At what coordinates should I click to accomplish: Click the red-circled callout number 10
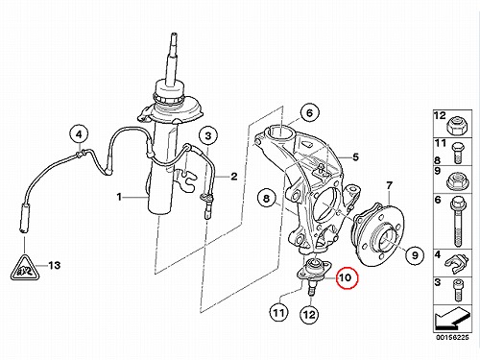click(345, 277)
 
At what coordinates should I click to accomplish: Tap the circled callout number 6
click(309, 113)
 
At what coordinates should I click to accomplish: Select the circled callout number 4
click(79, 134)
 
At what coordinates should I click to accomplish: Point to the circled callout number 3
click(208, 136)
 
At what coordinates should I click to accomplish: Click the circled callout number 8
click(267, 199)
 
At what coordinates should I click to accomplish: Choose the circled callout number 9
click(415, 255)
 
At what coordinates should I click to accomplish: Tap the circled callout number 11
click(278, 313)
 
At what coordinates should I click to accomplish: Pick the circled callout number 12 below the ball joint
click(309, 315)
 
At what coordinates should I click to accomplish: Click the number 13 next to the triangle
click(54, 265)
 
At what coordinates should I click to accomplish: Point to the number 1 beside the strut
click(119, 197)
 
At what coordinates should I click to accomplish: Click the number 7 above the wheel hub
click(389, 185)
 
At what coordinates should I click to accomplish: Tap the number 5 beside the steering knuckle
click(355, 157)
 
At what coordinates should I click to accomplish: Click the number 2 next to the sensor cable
click(234, 177)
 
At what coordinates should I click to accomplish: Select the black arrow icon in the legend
click(452, 319)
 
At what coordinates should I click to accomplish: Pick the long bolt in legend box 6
click(458, 222)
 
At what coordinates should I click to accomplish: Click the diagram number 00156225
click(452, 338)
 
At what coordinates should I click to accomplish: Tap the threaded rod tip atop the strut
click(174, 35)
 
